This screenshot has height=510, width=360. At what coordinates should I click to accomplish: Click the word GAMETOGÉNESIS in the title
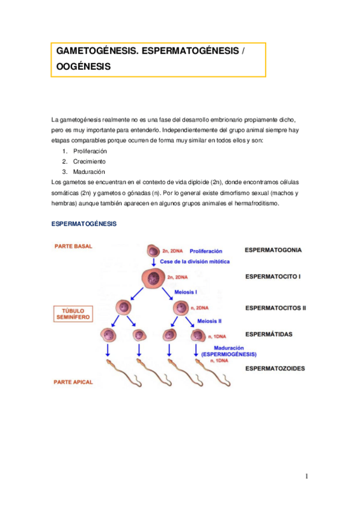[96, 52]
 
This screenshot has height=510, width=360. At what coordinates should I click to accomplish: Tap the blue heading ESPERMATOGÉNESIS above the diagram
[84, 224]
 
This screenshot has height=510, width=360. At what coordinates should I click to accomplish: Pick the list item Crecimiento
[89, 161]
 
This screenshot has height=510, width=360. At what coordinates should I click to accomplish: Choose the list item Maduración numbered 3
[89, 171]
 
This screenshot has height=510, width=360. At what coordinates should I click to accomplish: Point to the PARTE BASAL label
[73, 246]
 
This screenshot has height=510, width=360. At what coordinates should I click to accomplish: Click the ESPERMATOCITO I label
[273, 277]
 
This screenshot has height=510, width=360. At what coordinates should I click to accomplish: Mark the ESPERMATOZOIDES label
[275, 368]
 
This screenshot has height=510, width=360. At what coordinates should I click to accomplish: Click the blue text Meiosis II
[209, 321]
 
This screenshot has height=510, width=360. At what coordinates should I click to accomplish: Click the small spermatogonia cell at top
[154, 250]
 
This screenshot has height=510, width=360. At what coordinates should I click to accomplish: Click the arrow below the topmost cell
[154, 263]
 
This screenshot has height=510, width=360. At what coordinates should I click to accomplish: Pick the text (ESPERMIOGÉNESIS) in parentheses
[229, 354]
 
